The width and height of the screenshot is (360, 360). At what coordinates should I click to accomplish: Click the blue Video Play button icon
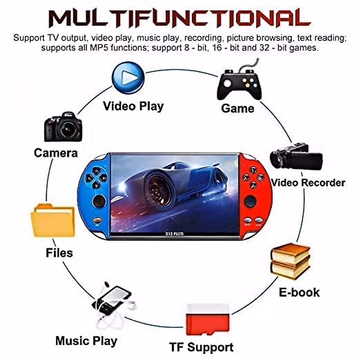(x=128, y=78)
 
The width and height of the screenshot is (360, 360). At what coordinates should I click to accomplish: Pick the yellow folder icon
(x=53, y=220)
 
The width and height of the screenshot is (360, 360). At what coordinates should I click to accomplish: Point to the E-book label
(x=299, y=292)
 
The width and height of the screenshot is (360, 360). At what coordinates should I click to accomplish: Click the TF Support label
(x=201, y=347)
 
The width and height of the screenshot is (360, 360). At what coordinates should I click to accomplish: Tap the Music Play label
(x=86, y=341)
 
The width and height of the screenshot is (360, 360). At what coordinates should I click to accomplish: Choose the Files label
(x=59, y=253)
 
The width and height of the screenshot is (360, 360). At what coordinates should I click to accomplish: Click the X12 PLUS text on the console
(x=174, y=233)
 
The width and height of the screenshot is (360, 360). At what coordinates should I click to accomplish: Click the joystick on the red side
(x=250, y=201)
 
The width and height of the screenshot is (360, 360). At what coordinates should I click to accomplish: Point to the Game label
(x=237, y=108)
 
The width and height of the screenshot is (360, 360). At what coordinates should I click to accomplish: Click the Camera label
(x=56, y=153)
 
